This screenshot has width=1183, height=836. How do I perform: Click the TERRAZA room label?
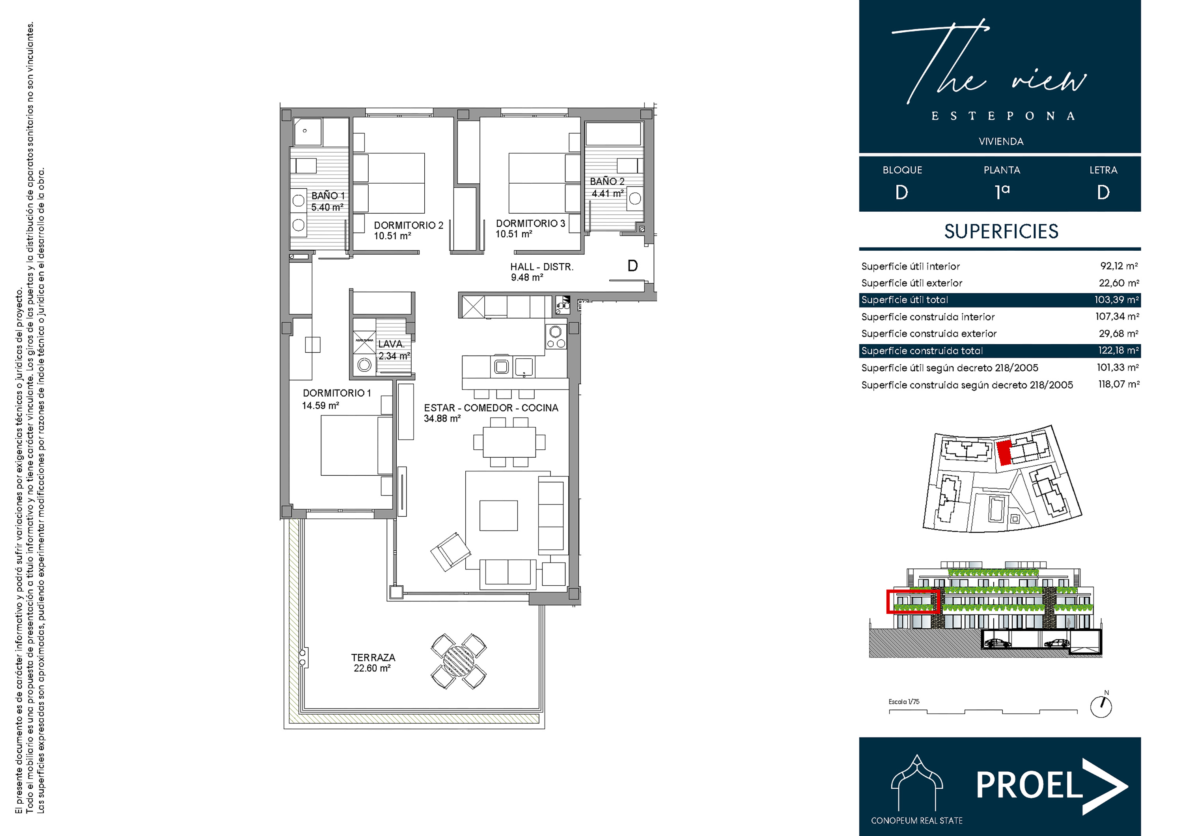[x=373, y=657]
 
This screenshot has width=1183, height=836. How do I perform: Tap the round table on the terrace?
[x=458, y=661]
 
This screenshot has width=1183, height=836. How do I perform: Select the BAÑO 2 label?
[x=607, y=181]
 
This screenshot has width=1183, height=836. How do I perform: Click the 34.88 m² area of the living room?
[x=442, y=419]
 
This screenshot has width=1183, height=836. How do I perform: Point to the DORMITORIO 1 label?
[x=336, y=393]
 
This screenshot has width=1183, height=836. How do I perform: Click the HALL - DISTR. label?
[x=541, y=267]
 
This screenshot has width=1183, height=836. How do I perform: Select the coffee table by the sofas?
[x=498, y=515]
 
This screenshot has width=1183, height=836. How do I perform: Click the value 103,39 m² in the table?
[x=1116, y=300]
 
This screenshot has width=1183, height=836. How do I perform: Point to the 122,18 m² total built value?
[x=1118, y=350]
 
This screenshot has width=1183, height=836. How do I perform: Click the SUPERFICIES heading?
[x=1001, y=231]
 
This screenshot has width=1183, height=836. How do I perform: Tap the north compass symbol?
[x=1101, y=707]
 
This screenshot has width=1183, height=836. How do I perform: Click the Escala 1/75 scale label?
[x=904, y=702]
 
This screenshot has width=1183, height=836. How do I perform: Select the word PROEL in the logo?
[x=1029, y=785]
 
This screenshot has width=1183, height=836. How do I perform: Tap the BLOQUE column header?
[x=902, y=170]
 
